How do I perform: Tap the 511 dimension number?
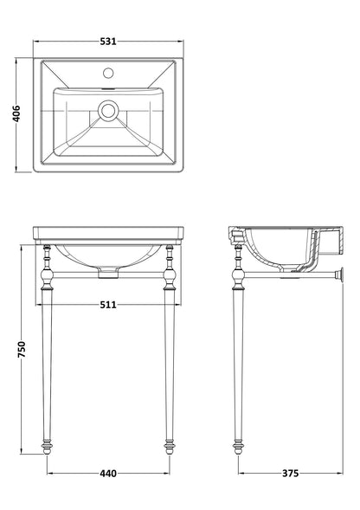(x=108, y=305)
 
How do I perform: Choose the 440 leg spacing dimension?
(x=108, y=474)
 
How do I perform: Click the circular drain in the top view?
(x=108, y=110)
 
